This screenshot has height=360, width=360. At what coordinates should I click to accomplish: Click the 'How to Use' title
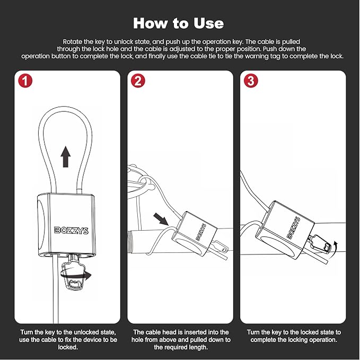(178, 23)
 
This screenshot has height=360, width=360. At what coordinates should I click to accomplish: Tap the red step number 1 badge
(24, 81)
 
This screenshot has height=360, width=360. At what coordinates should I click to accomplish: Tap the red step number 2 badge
(138, 81)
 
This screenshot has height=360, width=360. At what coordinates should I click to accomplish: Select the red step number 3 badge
(251, 81)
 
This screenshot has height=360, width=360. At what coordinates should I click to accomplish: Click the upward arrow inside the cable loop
(65, 156)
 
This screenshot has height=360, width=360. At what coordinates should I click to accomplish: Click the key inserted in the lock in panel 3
(320, 244)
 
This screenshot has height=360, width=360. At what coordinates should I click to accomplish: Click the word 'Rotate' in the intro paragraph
(73, 41)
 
